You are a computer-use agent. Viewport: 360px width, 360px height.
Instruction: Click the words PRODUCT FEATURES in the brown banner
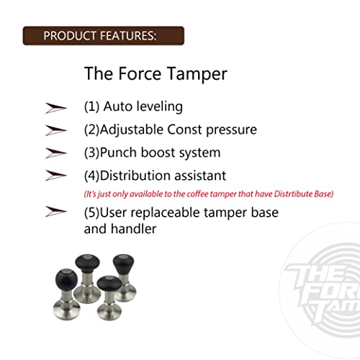[x=100, y=35]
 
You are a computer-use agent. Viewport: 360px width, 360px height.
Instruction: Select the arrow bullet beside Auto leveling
[x=55, y=107]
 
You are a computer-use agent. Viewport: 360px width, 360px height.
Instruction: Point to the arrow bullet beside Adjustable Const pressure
[x=55, y=130]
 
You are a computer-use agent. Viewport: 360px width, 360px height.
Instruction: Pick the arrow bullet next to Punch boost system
[x=55, y=153]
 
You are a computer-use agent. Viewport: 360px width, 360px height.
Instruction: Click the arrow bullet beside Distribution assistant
[x=55, y=175]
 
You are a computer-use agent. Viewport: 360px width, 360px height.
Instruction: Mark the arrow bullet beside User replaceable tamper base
[x=55, y=212]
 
